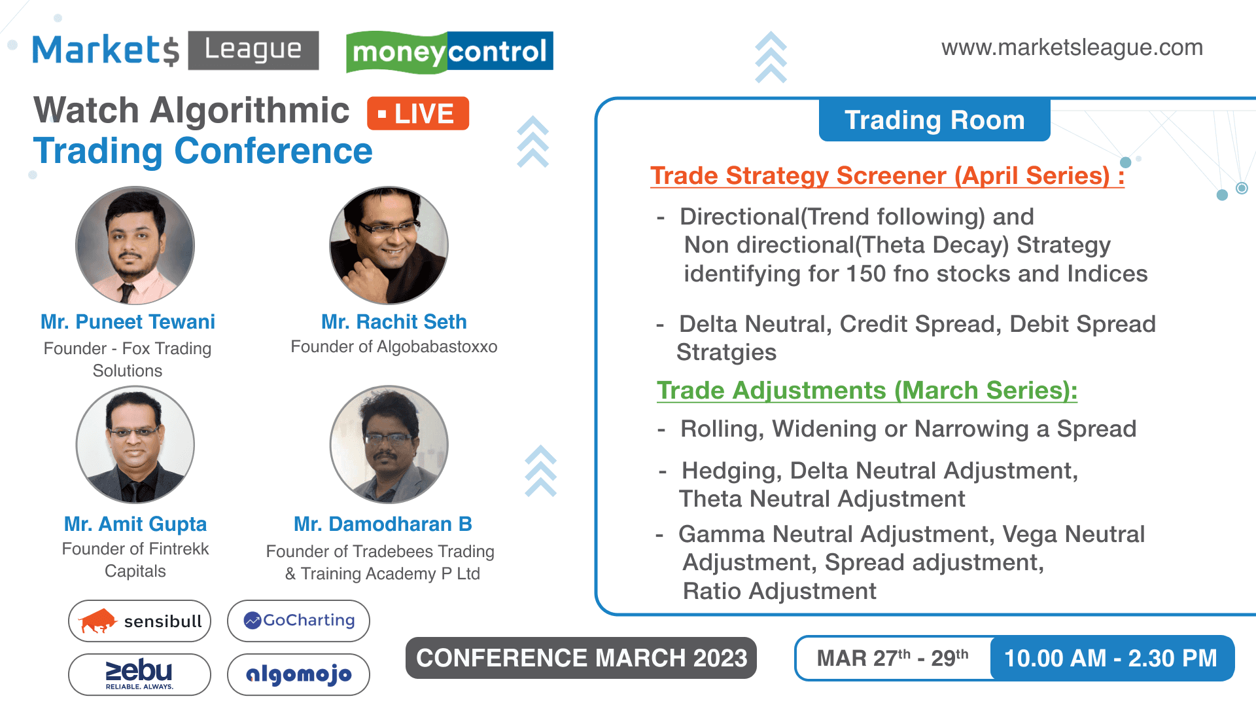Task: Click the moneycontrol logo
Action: click(449, 51)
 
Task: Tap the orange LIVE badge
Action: click(418, 113)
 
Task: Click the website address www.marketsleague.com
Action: click(1072, 48)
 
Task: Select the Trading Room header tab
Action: click(935, 120)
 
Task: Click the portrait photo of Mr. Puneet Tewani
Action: click(135, 245)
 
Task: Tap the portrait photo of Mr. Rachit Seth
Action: click(389, 245)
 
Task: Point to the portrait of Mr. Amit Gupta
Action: click(135, 444)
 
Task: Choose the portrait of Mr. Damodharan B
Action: click(389, 444)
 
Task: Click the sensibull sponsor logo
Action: click(139, 621)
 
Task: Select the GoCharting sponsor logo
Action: click(298, 621)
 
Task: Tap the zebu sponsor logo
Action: click(139, 674)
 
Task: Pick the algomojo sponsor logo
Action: click(298, 674)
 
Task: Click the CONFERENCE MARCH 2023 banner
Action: click(581, 658)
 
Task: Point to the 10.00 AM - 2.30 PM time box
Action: click(1111, 658)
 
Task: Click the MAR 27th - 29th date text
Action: click(892, 658)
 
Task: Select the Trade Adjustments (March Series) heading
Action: click(867, 391)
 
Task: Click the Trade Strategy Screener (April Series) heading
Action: click(887, 176)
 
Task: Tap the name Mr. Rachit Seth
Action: click(394, 322)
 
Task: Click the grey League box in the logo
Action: click(253, 50)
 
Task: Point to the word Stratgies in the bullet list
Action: click(726, 353)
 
